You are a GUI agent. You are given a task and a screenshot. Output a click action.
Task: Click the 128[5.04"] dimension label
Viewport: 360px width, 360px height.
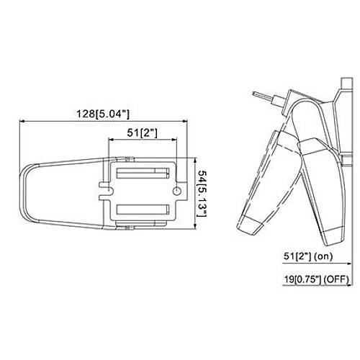103,114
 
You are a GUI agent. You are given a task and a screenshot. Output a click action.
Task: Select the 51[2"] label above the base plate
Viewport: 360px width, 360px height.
143,132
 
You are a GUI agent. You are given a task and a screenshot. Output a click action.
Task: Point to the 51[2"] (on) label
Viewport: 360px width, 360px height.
308,256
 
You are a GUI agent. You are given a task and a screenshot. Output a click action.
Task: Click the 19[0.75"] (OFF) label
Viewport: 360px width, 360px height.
317,279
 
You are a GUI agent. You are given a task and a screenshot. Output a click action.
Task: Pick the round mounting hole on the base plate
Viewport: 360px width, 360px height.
177,192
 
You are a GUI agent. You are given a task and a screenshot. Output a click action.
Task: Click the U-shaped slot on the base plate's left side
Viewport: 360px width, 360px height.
104,191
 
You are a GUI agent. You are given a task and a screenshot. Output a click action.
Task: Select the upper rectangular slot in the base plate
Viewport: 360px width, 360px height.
143,173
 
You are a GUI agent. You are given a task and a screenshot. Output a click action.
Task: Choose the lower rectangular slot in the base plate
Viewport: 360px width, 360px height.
143,210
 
